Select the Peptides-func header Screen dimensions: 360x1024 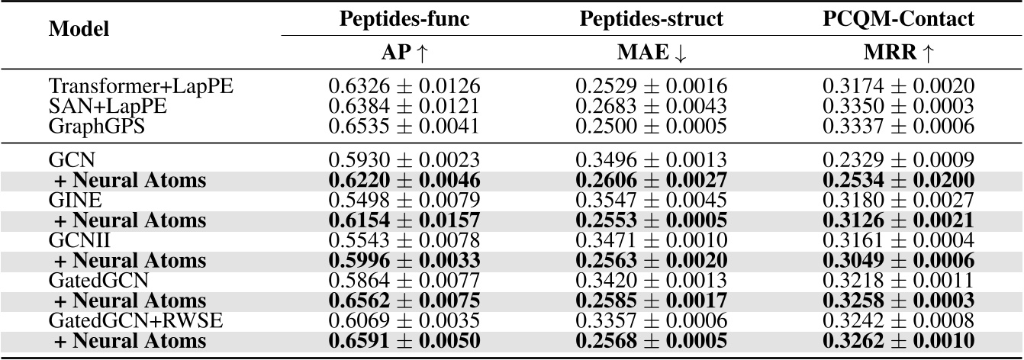coord(404,19)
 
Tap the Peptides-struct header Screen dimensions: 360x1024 coord(651,19)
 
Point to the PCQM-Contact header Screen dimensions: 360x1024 coord(897,19)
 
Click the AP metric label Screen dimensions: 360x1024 coord(404,53)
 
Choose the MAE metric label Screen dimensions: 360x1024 coord(651,53)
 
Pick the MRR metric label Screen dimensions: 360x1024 coord(897,53)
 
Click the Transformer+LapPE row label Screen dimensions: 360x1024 coord(140,87)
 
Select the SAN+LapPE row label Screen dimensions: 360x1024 coord(108,106)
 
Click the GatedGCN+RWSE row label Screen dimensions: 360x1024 coord(136,320)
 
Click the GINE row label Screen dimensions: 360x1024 coord(73,201)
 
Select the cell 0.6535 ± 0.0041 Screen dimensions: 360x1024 coord(404,125)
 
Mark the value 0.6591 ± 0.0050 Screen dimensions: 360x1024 coord(404,340)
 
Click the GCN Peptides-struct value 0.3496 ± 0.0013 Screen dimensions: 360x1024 coord(651,161)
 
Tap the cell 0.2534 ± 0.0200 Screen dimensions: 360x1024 coord(897,181)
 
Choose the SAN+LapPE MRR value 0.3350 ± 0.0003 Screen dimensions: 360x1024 coord(897,106)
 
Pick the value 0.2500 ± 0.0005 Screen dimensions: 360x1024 coord(651,125)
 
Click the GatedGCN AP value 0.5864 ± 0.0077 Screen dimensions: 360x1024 coord(404,281)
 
